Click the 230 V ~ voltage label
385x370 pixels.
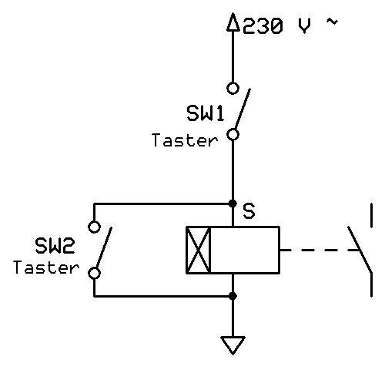click(x=290, y=25)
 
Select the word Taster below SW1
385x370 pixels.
click(x=185, y=140)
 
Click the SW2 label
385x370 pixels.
click(x=55, y=247)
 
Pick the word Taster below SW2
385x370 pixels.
click(x=46, y=268)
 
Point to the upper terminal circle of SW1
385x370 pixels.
click(x=233, y=88)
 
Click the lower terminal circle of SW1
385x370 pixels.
click(x=233, y=134)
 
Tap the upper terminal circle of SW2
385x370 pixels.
click(x=94, y=227)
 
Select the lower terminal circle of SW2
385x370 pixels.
click(x=94, y=272)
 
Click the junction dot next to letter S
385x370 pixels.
click(x=233, y=203)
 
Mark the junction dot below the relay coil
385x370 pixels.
click(x=233, y=295)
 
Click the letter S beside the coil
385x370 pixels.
click(x=249, y=210)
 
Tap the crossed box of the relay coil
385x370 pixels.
click(x=199, y=250)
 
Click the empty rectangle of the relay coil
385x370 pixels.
click(x=245, y=250)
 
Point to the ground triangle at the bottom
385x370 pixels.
click(x=233, y=344)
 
